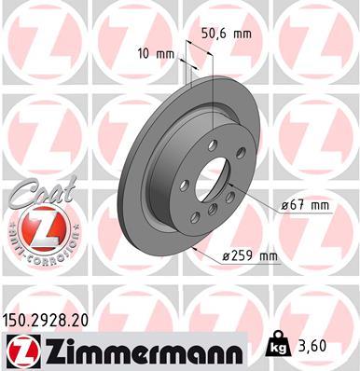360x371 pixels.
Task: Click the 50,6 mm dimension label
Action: coord(227,33)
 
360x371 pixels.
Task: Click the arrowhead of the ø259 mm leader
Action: coord(190,249)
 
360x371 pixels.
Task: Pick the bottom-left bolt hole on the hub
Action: coord(195,216)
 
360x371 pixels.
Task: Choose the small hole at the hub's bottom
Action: coord(213,207)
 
